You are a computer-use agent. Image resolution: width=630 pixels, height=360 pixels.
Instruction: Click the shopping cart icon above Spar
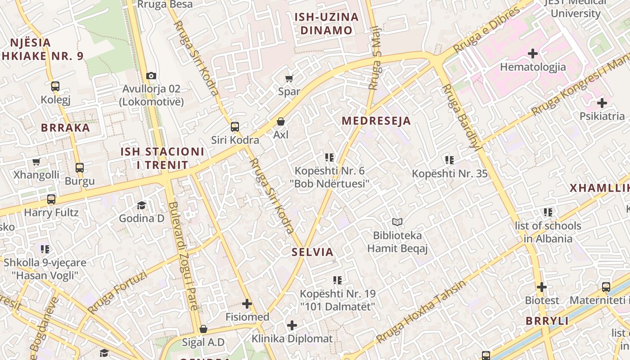tap(289, 78)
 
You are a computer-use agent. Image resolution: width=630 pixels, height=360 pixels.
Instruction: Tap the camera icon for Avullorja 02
tap(151, 76)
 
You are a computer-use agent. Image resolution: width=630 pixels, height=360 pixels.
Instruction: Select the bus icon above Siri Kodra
tap(235, 126)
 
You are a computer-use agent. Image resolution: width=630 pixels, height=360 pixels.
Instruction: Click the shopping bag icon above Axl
tap(281, 121)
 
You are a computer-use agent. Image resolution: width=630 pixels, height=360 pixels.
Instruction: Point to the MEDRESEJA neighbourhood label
tap(376, 121)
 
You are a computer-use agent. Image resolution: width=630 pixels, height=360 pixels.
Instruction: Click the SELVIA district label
tap(312, 252)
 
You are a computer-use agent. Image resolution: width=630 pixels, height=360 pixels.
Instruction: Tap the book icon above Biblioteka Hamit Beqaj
tap(397, 222)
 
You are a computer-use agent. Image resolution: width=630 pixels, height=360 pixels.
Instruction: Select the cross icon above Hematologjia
tap(533, 54)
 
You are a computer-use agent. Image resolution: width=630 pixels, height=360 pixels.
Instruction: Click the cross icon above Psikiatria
tap(602, 103)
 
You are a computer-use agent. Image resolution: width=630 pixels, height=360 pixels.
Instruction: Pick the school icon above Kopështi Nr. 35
tap(449, 160)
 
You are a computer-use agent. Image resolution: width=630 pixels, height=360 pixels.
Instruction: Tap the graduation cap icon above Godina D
tap(142, 205)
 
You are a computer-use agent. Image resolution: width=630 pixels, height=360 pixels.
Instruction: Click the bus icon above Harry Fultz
tap(51, 199)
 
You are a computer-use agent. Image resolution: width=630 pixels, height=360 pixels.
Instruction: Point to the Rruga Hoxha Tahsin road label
tap(421, 311)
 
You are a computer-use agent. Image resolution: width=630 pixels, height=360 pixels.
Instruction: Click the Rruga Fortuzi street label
tap(117, 292)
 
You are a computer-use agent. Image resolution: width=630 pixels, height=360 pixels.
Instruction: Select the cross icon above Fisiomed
tap(247, 304)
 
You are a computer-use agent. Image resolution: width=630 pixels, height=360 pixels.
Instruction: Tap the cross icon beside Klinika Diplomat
tap(292, 325)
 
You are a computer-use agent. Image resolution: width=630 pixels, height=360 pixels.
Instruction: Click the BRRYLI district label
tap(547, 321)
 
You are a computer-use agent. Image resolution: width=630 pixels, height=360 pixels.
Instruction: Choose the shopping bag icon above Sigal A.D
tap(203, 329)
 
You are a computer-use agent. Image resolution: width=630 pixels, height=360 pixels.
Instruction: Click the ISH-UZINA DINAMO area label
tap(326, 24)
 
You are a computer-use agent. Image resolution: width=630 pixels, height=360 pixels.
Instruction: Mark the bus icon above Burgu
tap(80, 168)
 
